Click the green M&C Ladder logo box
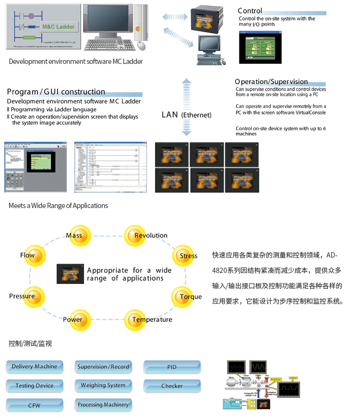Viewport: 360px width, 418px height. point(59,27)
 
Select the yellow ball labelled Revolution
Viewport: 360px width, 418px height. point(134,235)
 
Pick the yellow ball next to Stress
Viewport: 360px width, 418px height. point(182,256)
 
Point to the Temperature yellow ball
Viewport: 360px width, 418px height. point(135,320)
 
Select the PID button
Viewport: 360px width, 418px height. point(172,367)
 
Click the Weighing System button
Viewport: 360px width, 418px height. point(103,385)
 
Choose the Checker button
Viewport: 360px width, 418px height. point(172,386)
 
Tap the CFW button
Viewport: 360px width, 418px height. point(35,406)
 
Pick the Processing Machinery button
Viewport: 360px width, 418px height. point(103,405)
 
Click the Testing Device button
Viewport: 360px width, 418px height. point(35,386)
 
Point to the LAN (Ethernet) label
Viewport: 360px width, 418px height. point(186,115)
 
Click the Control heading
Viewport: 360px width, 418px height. point(250,11)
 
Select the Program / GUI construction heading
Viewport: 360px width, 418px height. point(56,92)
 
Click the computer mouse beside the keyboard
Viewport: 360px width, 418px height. point(141,46)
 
